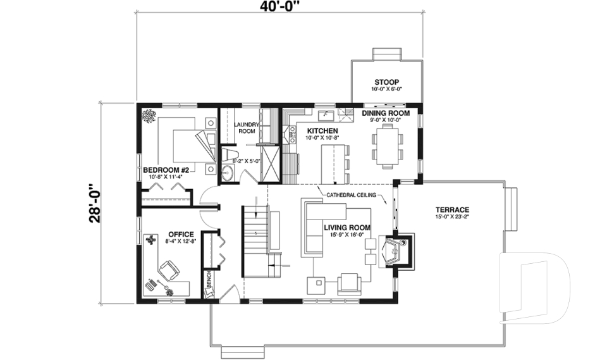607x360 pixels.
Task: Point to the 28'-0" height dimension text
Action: (95, 204)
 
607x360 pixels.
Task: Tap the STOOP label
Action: (386, 82)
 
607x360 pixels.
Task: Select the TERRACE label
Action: (452, 209)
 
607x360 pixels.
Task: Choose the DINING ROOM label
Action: (386, 113)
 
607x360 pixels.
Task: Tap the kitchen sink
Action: (327, 115)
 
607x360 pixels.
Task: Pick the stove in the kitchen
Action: (291, 132)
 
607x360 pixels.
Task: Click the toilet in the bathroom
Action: (230, 154)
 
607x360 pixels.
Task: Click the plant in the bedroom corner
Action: (150, 115)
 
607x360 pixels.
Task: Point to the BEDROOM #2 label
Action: (166, 170)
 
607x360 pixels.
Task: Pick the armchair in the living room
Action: (348, 282)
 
